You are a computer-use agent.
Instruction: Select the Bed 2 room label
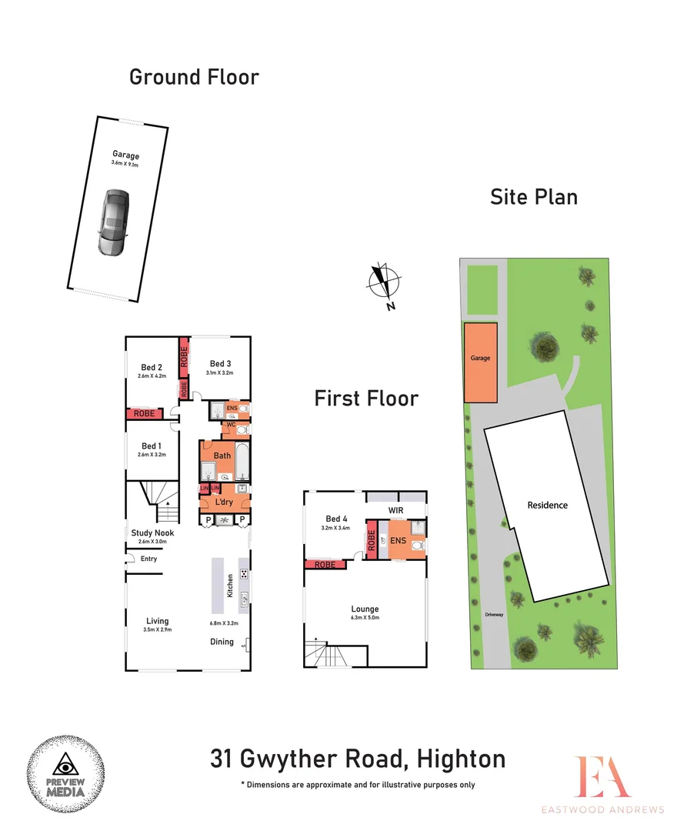click(x=152, y=367)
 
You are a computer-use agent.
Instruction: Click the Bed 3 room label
click(x=218, y=364)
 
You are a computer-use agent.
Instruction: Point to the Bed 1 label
click(x=152, y=446)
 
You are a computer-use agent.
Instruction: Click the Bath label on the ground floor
click(x=222, y=456)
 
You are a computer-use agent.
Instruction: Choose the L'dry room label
click(x=224, y=502)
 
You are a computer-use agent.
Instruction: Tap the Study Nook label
click(x=152, y=532)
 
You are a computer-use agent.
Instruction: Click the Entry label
click(x=148, y=559)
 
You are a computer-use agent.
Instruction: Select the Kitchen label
click(x=228, y=586)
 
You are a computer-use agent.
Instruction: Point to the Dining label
click(x=222, y=642)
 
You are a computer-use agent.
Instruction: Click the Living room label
click(x=157, y=621)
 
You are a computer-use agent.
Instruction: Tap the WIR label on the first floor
click(x=396, y=510)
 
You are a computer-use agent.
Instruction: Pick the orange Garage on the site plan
click(x=480, y=362)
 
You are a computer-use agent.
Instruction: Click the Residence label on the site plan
click(x=547, y=506)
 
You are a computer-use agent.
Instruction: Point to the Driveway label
click(x=493, y=615)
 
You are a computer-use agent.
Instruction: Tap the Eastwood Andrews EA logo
click(x=604, y=777)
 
